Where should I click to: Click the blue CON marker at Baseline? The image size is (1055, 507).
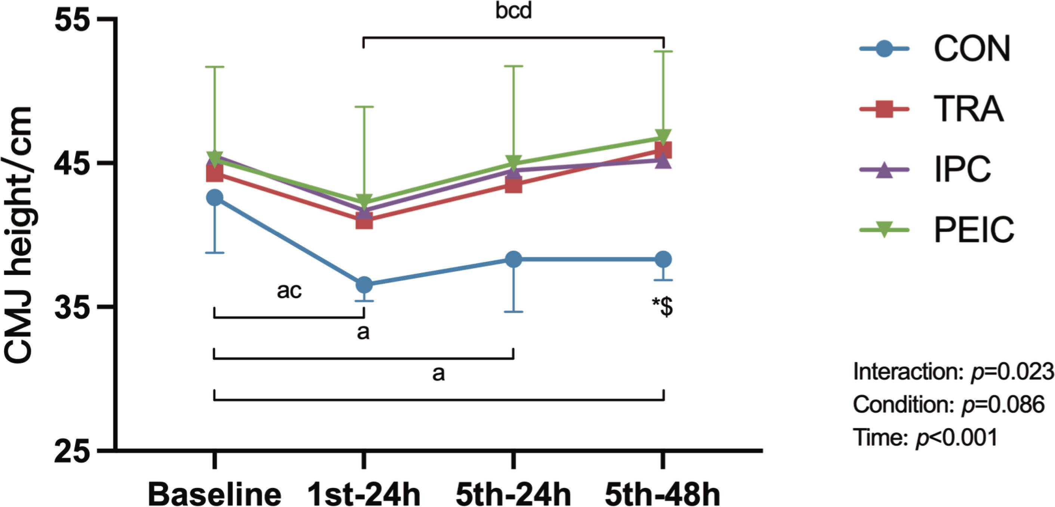point(215,198)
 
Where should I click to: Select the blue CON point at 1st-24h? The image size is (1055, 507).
point(364,284)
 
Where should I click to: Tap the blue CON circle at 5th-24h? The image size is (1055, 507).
point(513,259)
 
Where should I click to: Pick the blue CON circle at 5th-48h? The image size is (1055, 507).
point(663,259)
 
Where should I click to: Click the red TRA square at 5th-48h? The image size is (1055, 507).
point(663,150)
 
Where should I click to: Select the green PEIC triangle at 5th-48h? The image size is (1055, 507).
point(663,136)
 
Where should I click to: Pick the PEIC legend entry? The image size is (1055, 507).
point(974,230)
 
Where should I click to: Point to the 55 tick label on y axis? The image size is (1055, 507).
point(73,21)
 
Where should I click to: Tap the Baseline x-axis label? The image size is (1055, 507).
point(215,495)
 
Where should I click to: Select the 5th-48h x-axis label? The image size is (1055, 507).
point(662,495)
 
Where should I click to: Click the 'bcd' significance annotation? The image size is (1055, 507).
point(513,11)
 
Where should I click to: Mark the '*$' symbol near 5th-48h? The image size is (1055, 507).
point(662,307)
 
